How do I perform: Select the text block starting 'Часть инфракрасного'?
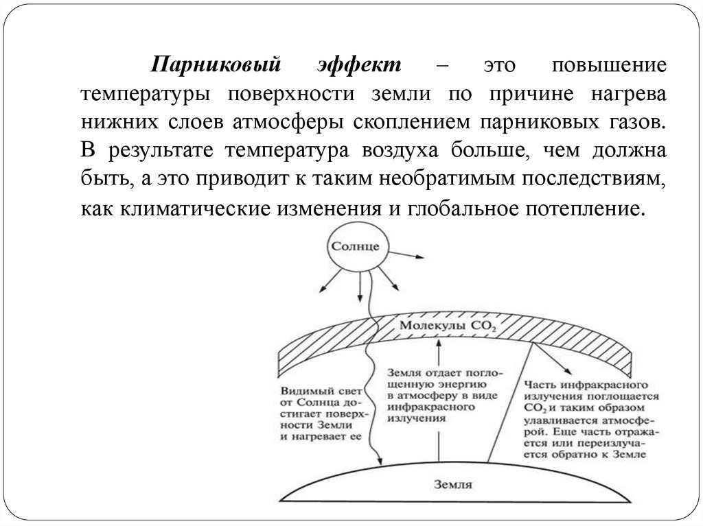[x=591, y=420]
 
